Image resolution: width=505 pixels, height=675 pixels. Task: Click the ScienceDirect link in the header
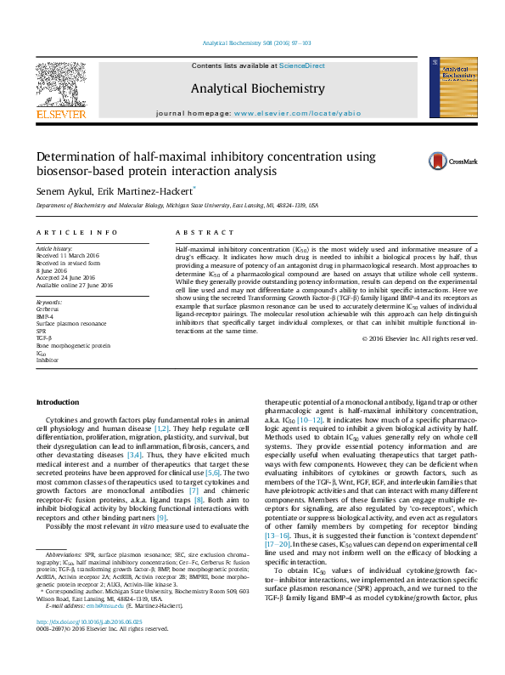pos(303,66)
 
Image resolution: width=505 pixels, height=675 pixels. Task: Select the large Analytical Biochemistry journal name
pos(257,88)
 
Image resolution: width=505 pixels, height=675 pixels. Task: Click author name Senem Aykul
pos(62,191)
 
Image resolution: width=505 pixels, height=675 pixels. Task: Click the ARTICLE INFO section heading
pos(76,231)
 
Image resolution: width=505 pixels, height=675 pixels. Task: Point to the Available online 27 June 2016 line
pos(74,286)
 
